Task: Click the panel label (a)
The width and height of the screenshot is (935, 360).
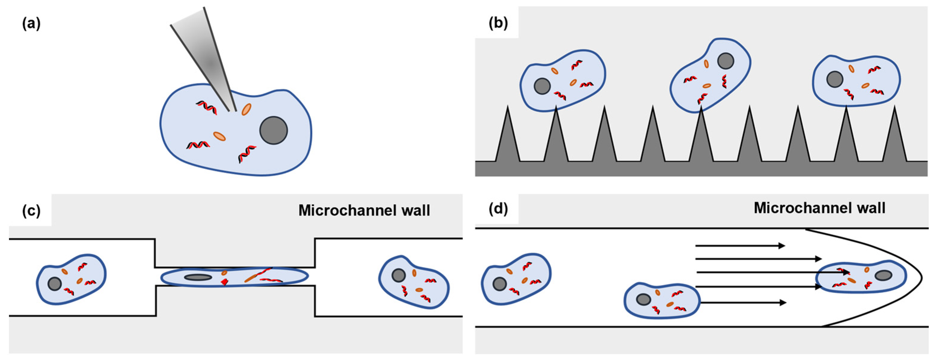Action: tap(31, 24)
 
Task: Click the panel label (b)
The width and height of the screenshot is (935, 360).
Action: tap(498, 23)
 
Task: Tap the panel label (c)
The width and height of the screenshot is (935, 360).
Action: tap(31, 210)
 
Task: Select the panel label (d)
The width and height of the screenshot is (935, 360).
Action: tap(498, 209)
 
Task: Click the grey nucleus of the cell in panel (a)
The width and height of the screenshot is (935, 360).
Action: tap(273, 130)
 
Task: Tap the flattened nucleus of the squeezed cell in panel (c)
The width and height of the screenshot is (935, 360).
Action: tap(198, 278)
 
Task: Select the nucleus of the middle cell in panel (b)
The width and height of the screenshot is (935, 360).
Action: tap(726, 61)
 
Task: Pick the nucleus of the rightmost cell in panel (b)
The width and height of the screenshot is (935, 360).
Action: tap(835, 79)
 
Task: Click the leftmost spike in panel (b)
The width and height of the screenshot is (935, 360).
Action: tap(507, 138)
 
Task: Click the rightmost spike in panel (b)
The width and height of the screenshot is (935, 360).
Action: tap(894, 138)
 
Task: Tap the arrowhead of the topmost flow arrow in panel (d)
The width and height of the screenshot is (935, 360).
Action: tap(781, 246)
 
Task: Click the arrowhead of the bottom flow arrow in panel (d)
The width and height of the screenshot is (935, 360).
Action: tap(782, 303)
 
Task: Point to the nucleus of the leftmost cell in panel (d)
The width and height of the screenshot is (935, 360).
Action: tap(500, 284)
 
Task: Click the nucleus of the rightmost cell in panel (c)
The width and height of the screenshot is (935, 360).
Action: tap(399, 275)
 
